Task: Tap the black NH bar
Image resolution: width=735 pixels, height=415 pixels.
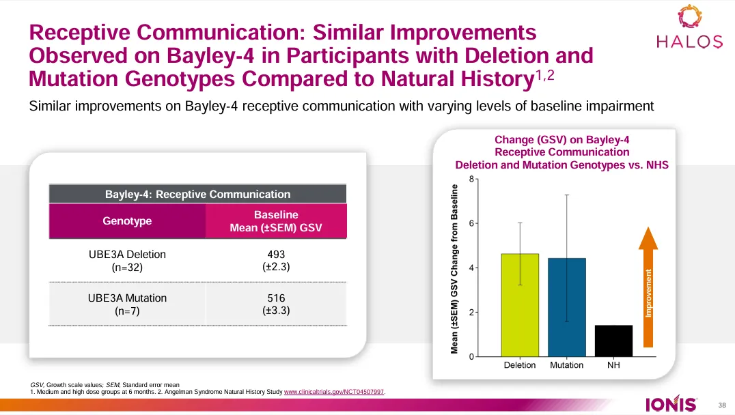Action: click(x=613, y=341)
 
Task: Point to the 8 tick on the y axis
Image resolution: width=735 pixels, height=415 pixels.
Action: click(x=471, y=179)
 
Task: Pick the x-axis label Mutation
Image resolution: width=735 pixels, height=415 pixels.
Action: click(x=566, y=365)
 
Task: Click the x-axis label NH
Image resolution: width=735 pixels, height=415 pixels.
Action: click(x=613, y=365)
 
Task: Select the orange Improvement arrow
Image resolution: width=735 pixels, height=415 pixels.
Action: click(x=648, y=287)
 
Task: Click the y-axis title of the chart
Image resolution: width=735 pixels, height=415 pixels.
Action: click(x=454, y=269)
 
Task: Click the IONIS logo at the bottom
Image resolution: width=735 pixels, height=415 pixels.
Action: click(x=671, y=405)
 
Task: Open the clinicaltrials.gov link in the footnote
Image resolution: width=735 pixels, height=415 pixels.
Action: click(x=334, y=392)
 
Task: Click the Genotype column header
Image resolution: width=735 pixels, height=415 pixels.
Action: click(x=127, y=221)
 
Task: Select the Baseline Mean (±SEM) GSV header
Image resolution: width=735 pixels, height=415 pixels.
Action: click(x=276, y=221)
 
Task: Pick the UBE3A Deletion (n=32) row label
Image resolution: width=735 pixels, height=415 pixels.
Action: click(x=127, y=261)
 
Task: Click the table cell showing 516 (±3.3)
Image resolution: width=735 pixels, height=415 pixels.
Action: click(x=276, y=304)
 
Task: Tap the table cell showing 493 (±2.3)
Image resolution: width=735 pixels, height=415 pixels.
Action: click(x=276, y=261)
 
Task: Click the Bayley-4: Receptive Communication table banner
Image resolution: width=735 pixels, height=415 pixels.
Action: click(x=197, y=195)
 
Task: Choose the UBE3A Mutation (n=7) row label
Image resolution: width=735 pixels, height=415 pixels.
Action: click(x=127, y=304)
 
